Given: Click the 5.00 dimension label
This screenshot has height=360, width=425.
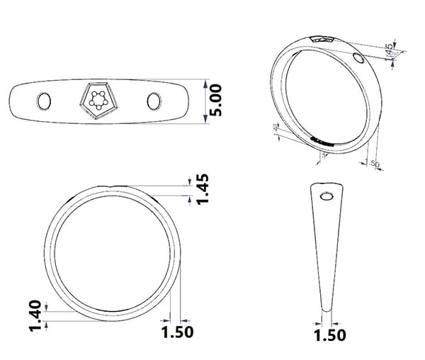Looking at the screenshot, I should click(216, 101).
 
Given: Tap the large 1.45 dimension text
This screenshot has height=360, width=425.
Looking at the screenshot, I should click(203, 189).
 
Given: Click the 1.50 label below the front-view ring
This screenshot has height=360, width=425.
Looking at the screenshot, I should click(178, 332).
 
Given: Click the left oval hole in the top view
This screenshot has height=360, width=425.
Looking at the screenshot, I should click(43, 101).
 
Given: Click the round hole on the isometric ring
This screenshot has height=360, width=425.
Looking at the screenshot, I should click(358, 57).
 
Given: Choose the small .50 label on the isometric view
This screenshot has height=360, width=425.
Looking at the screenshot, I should click(375, 164).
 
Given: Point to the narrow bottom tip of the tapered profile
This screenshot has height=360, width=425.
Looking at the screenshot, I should click(327, 308).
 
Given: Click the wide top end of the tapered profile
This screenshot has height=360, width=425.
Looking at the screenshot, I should click(328, 186).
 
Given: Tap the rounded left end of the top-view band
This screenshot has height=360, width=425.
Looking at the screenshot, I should click(14, 101).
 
